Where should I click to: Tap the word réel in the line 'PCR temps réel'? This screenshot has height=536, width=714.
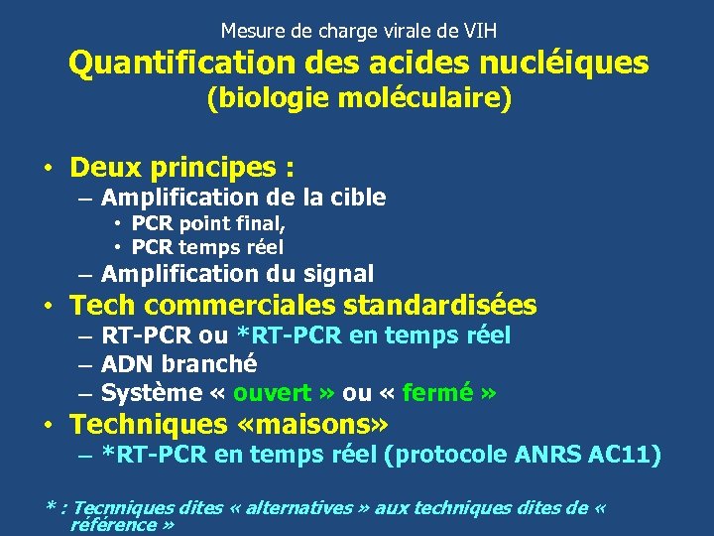(262, 247)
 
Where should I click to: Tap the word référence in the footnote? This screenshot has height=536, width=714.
(114, 524)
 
